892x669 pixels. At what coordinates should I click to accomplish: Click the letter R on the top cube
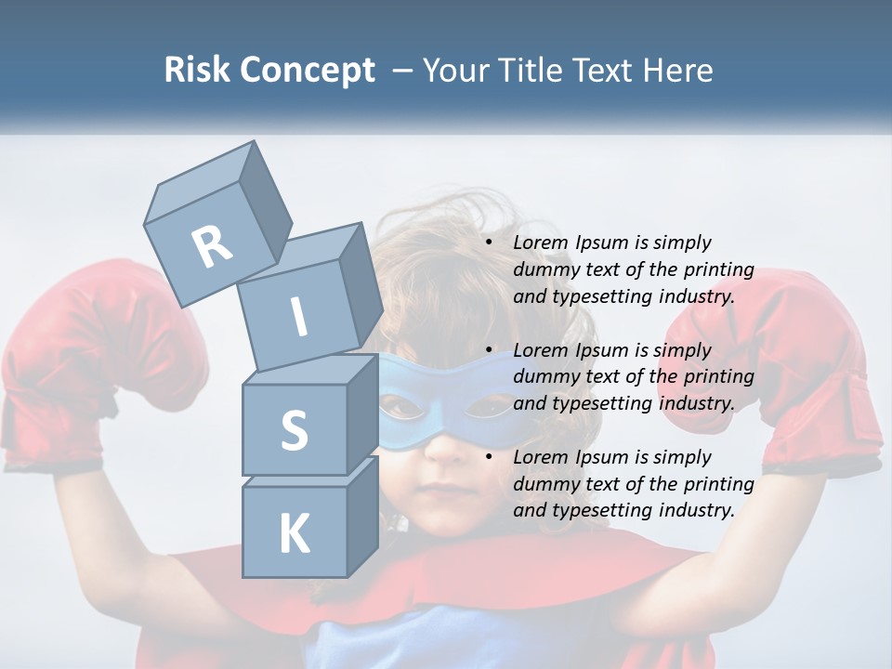(x=213, y=246)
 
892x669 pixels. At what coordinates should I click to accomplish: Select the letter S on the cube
(x=294, y=430)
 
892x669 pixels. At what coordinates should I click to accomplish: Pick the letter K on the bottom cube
(x=294, y=534)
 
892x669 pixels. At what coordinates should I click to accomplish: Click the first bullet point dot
(x=490, y=243)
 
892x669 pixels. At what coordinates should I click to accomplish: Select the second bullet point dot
(x=490, y=350)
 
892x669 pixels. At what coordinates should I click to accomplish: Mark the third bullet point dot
(x=490, y=457)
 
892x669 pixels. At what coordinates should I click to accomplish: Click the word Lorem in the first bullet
(x=541, y=243)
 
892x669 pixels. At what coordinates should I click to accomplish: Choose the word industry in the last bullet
(x=697, y=510)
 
